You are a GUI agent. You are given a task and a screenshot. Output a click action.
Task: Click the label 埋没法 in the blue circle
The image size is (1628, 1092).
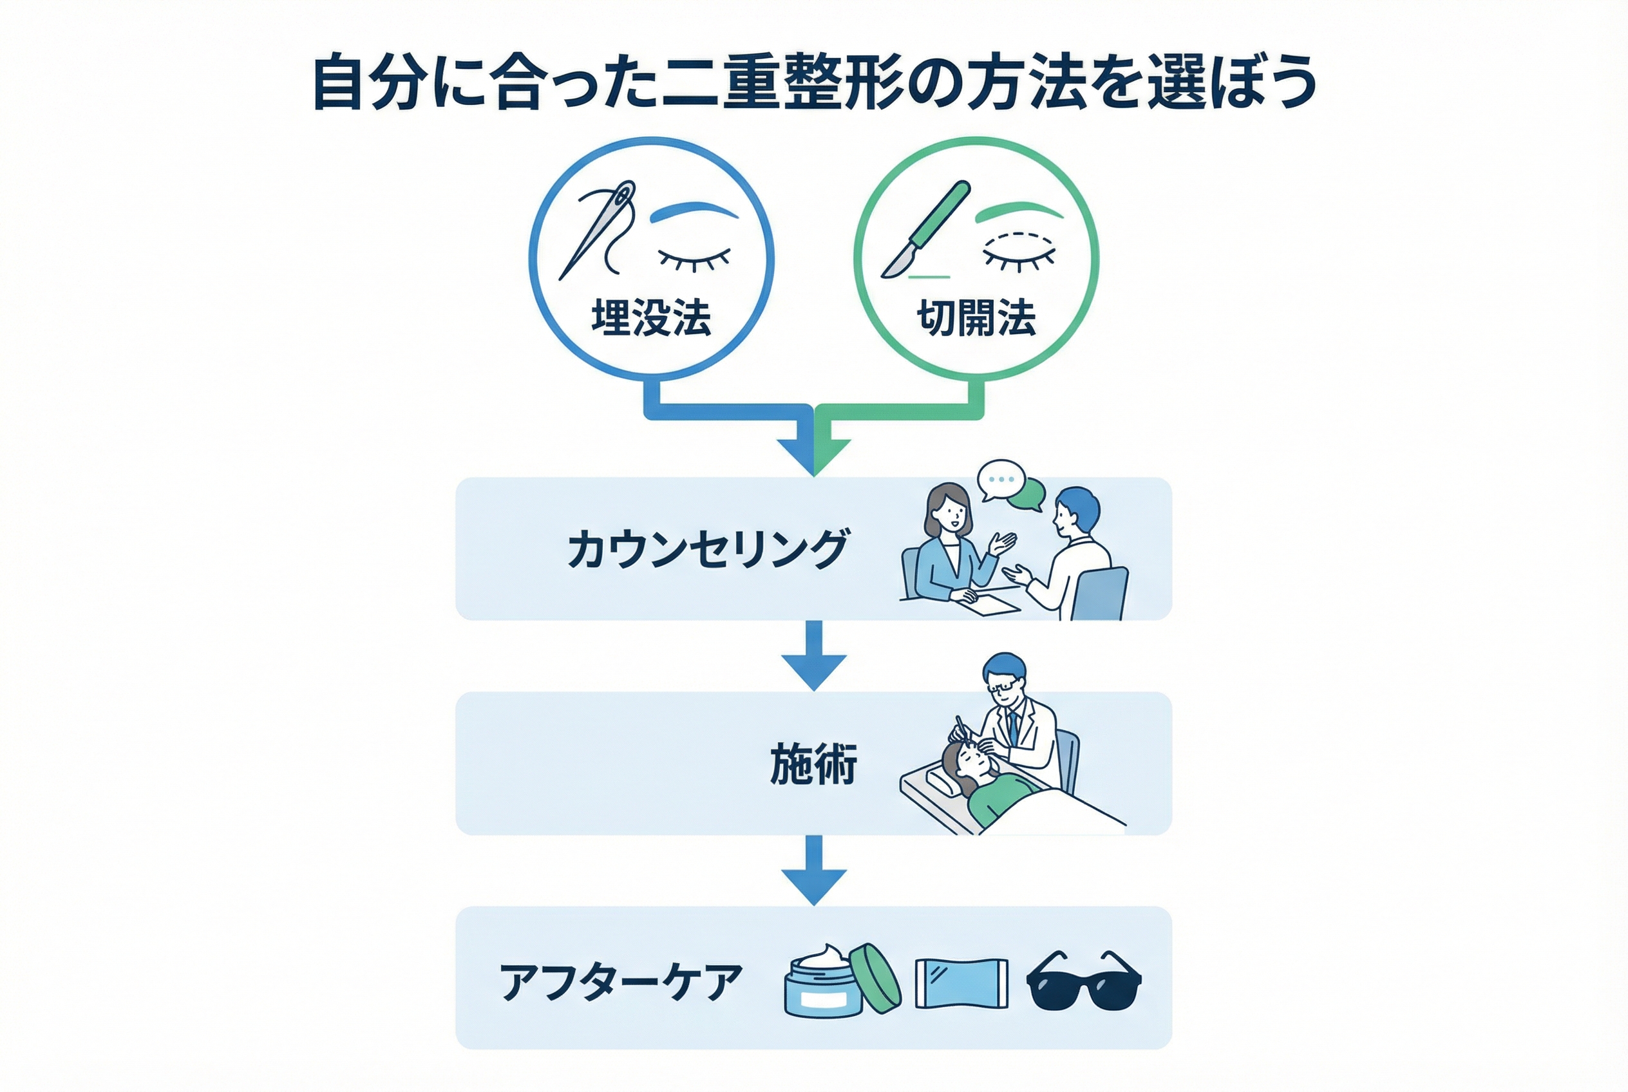click(651, 319)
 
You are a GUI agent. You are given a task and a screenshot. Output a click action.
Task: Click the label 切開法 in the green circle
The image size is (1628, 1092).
click(976, 319)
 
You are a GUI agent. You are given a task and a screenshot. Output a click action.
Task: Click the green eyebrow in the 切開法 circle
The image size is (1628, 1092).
click(1020, 211)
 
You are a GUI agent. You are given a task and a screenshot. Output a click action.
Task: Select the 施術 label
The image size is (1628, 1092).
click(813, 764)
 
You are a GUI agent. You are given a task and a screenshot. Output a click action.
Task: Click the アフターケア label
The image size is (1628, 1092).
click(621, 982)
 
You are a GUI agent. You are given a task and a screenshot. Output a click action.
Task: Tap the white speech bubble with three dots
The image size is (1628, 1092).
click(1000, 479)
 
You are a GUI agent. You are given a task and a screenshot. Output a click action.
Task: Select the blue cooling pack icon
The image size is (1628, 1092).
click(961, 983)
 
